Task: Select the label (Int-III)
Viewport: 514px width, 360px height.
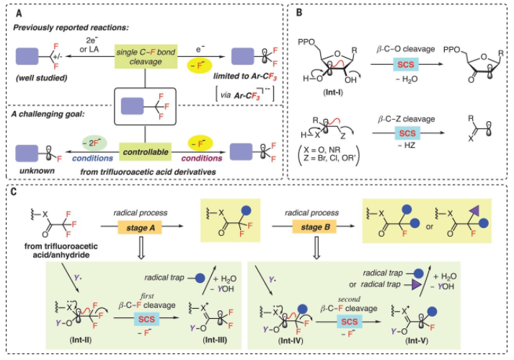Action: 204,338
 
